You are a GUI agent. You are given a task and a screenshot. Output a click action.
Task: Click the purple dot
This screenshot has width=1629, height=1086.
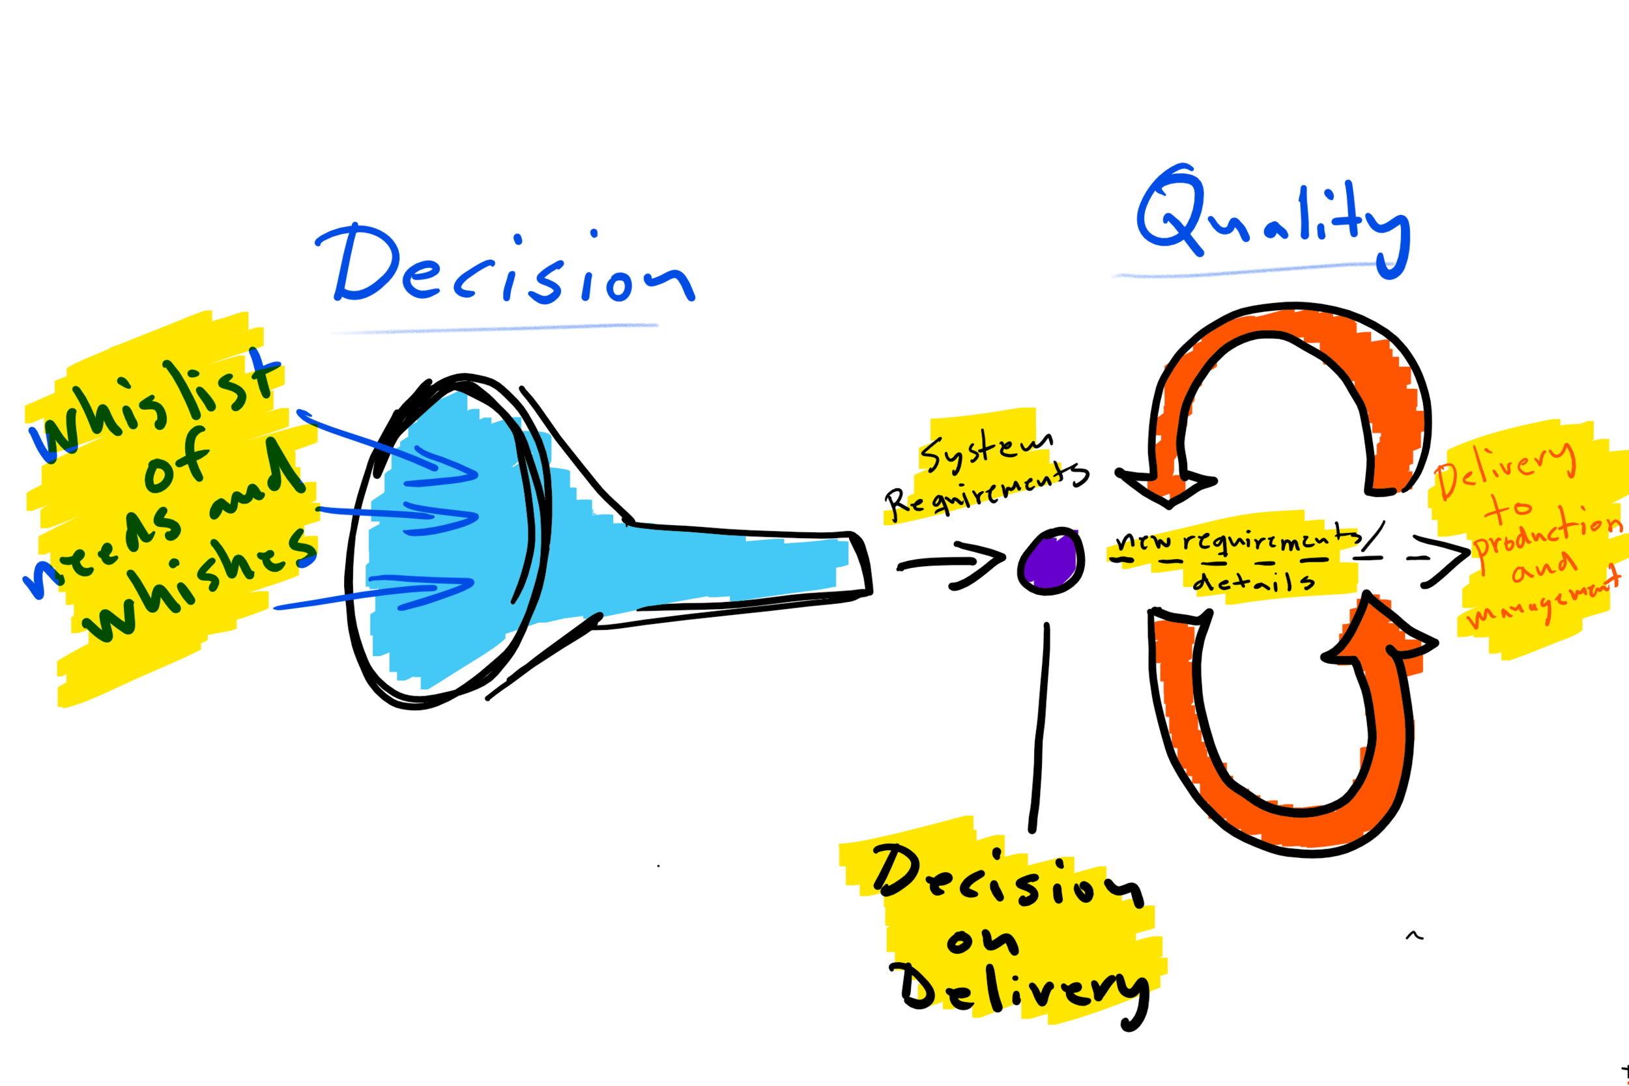click(1050, 561)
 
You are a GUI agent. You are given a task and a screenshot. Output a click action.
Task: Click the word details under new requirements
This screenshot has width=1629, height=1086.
click(1254, 580)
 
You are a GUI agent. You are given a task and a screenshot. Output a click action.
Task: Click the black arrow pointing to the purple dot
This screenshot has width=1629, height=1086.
click(951, 564)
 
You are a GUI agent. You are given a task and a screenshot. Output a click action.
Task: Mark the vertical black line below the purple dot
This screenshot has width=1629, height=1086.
click(1039, 727)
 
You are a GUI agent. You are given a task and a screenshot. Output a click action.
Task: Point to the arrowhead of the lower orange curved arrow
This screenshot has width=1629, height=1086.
click(1378, 630)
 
